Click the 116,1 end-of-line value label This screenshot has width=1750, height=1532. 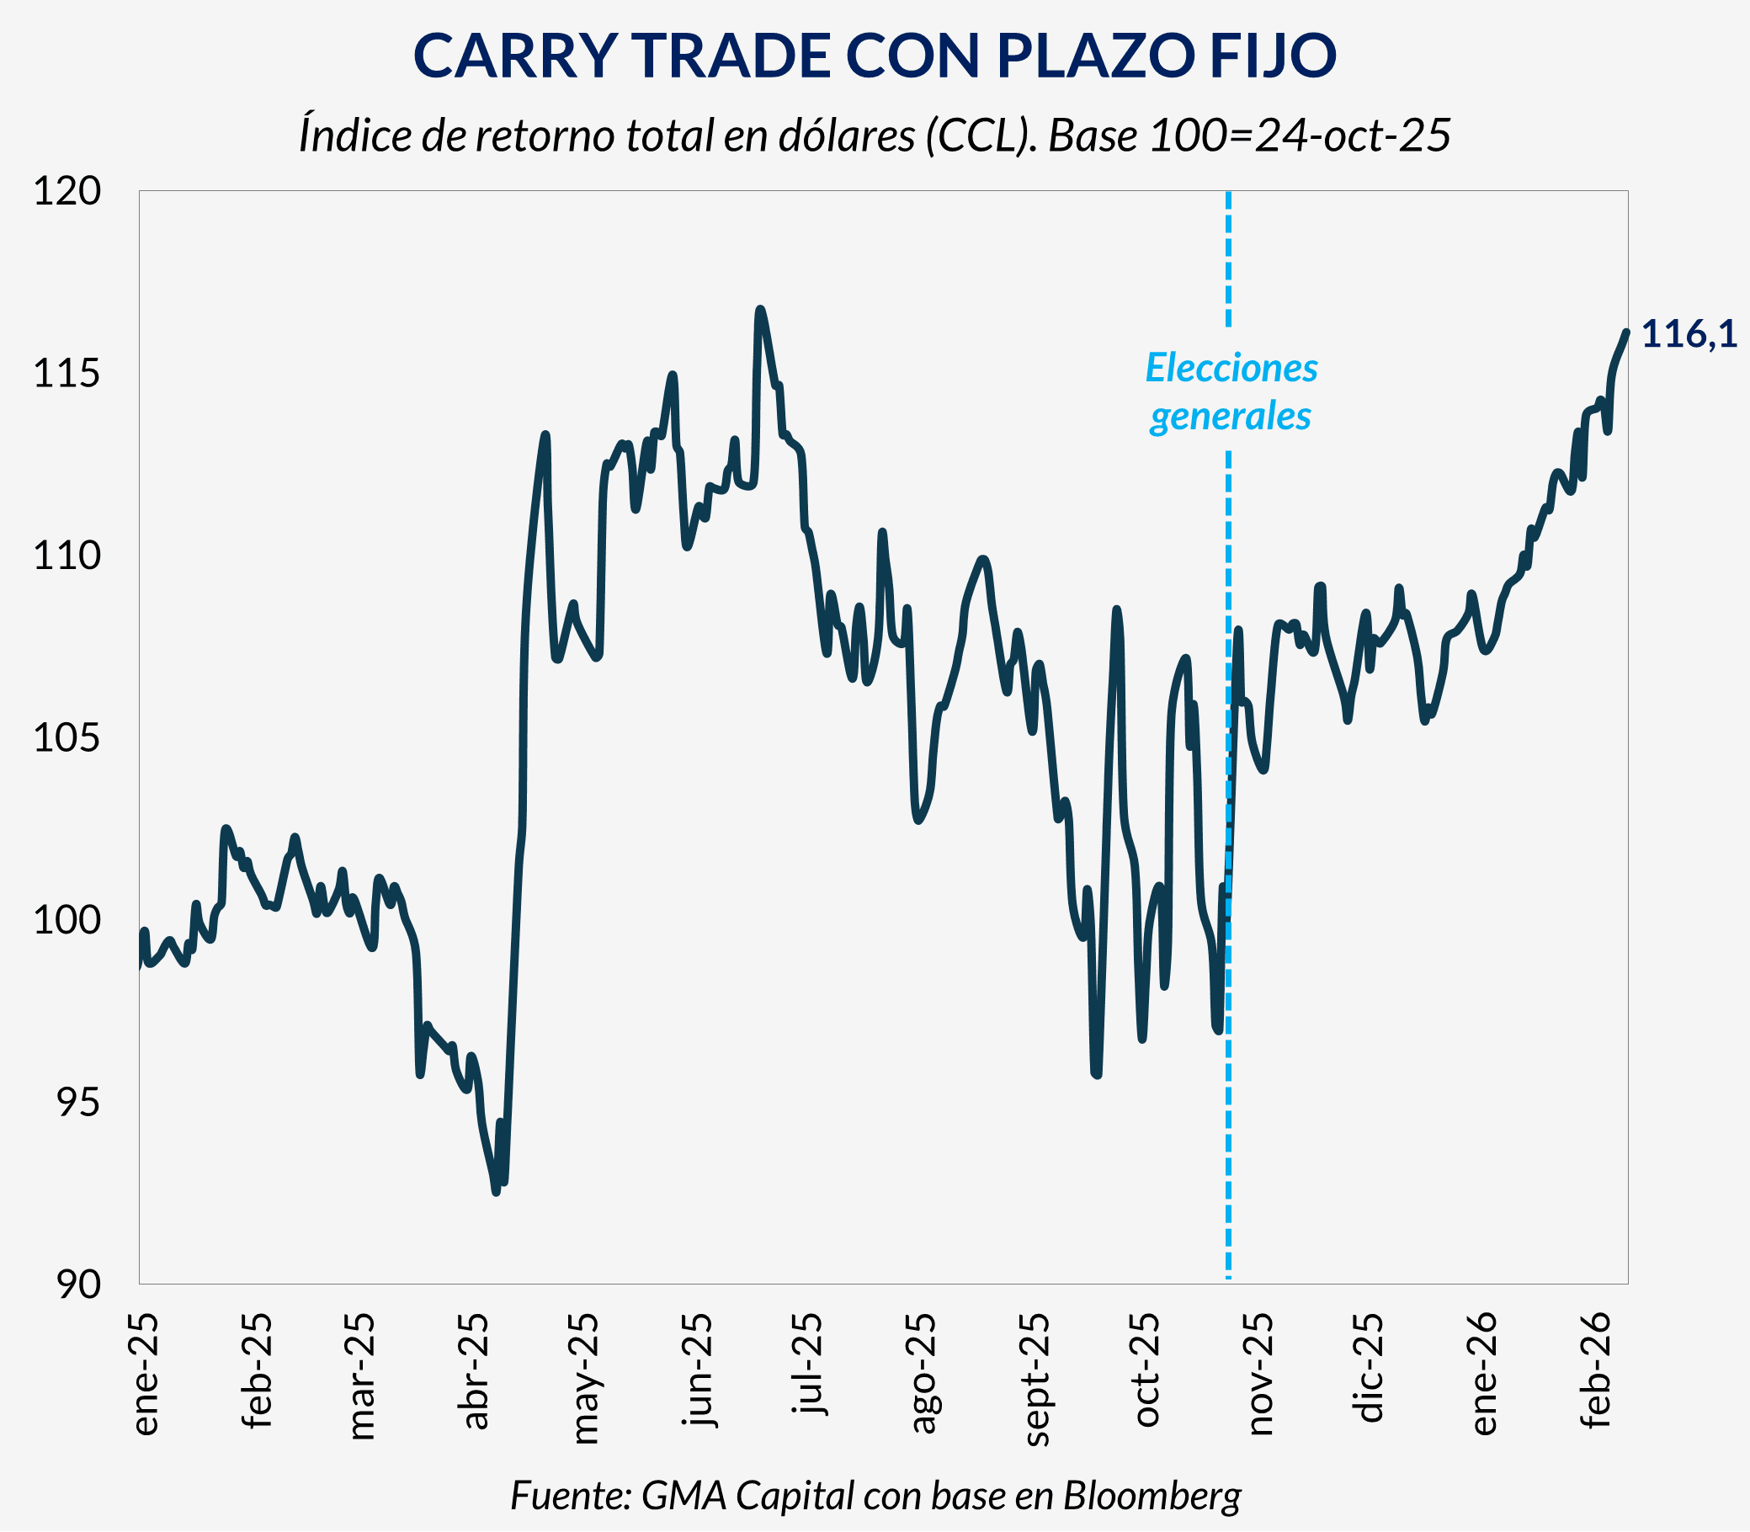tap(1689, 334)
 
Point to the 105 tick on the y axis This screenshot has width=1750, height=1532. tap(66, 737)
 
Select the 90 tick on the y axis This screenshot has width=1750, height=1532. tap(77, 1284)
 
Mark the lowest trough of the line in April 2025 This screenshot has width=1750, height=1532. tap(496, 1192)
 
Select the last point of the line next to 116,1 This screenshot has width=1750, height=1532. tap(1626, 332)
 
